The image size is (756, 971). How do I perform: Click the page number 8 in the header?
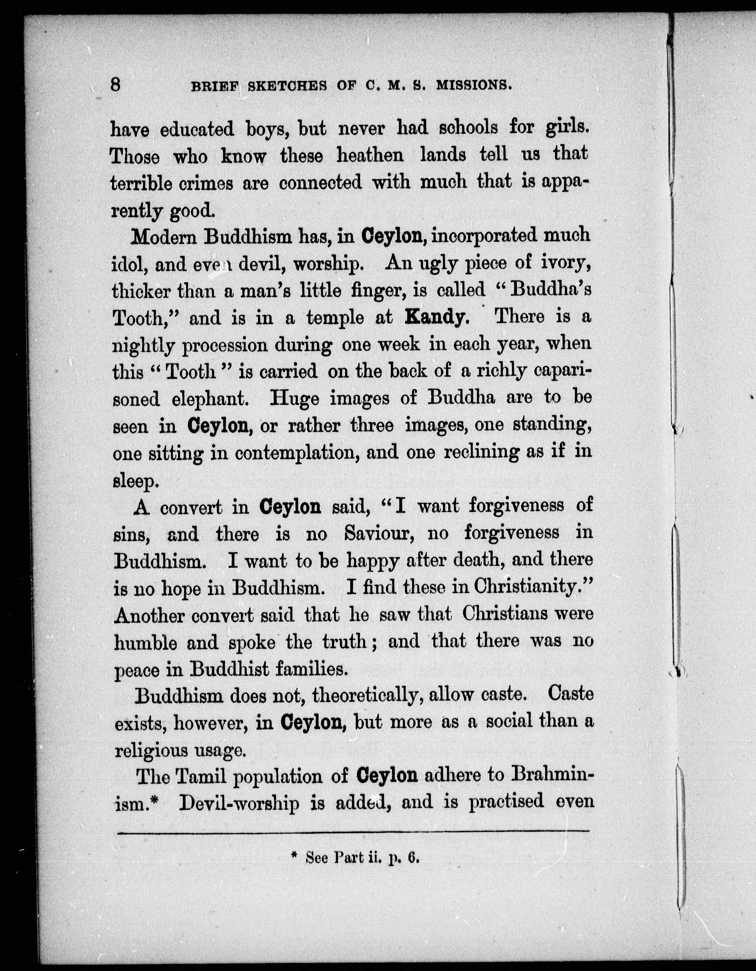point(116,84)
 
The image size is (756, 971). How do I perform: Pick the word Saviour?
point(380,533)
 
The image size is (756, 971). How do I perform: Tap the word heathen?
point(370,155)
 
